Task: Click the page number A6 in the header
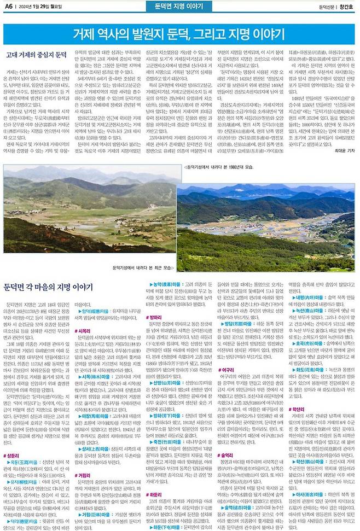point(9,6)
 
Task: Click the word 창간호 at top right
point(347,7)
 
